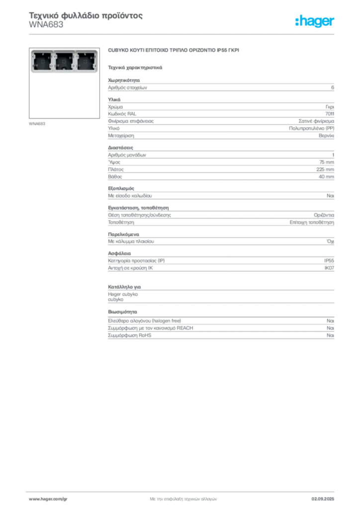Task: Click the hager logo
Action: tap(315, 21)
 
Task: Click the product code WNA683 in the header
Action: tap(46, 25)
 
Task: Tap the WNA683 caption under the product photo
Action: tap(37, 124)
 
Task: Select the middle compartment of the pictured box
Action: tap(64, 61)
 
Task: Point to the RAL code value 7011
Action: tap(330, 114)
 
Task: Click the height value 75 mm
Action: tap(327, 162)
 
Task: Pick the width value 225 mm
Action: tap(325, 170)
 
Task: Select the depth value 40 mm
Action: tap(326, 176)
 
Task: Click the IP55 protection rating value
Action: tap(329, 260)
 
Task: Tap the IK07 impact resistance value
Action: tap(329, 268)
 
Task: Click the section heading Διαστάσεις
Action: tap(120, 148)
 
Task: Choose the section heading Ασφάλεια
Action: tap(119, 253)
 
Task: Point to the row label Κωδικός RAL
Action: tap(122, 114)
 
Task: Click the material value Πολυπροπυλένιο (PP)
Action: tap(312, 128)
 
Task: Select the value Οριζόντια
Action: tap(324, 215)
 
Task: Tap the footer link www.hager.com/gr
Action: tap(48, 499)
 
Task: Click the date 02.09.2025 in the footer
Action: tap(323, 499)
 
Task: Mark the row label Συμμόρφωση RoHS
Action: tap(129, 336)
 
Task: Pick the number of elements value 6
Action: tap(333, 87)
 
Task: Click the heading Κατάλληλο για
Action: tap(124, 287)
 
